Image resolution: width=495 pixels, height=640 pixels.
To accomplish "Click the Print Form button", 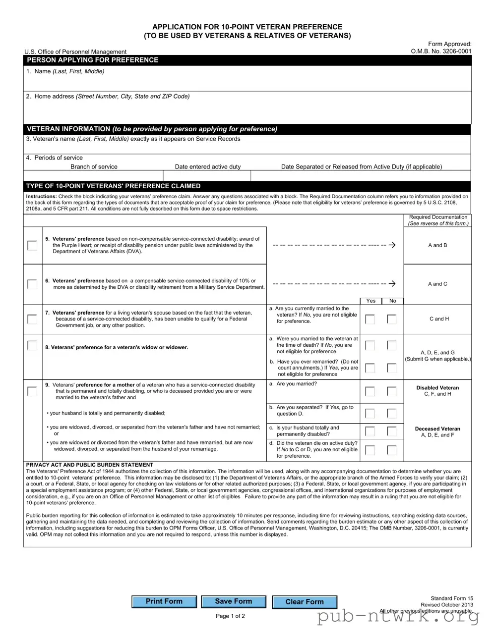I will pos(164,601).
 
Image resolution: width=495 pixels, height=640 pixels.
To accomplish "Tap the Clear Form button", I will pos(304,602).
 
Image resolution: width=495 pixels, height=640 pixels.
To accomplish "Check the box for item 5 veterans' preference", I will pos(32,245).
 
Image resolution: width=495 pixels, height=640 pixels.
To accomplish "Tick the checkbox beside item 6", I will pos(32,284).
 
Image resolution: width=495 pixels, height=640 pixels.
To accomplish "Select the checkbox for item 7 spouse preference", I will pos(32,319).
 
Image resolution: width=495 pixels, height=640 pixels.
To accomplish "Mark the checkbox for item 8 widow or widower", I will pos(32,345).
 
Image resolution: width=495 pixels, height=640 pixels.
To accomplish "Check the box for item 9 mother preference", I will pos(32,391).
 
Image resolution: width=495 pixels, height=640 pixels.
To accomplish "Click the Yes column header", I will pos(371,301).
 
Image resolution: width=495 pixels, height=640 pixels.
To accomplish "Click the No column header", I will pos(392,301).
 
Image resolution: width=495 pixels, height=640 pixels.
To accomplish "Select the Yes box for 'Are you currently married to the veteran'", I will pos(370,319).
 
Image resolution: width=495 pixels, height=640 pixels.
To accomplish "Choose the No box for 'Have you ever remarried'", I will pos(392,368).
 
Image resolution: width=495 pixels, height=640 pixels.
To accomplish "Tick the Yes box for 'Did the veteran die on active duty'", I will pos(370,450).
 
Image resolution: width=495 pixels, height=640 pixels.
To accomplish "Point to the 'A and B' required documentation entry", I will pos(437,245).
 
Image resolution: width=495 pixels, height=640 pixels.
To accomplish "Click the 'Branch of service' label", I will pos(94,167).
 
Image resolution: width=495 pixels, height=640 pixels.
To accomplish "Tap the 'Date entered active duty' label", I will pos(208,167).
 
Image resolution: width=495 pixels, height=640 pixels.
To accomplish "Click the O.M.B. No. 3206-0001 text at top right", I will pos(441,51).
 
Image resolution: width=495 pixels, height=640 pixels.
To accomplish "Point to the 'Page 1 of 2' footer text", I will pos(230,616).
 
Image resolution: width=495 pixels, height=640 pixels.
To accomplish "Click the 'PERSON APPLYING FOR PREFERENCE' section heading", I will pos(93,60).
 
